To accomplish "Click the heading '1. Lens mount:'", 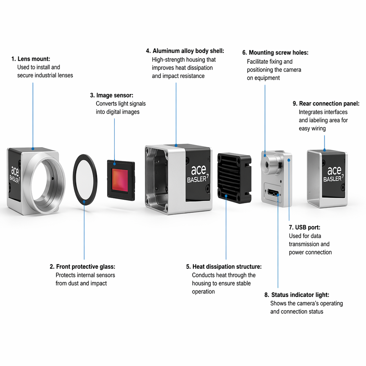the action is pos(31,59).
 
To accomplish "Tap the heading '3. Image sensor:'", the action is pos(112,95).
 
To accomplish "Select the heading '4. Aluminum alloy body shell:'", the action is pos(185,51).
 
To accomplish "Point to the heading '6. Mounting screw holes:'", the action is pos(275,53).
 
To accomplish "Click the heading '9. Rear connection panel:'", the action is pos(326,104).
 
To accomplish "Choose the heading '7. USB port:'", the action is pos(304,227).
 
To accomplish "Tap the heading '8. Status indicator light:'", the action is pos(297,295).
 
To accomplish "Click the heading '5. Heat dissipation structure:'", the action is pos(224,266).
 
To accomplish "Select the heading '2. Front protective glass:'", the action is pos(82,266).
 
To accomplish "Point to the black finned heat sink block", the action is pos(234,178).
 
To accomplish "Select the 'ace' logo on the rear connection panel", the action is pos(334,171).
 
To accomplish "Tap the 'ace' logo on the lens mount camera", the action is pos(15,172).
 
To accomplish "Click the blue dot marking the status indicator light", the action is pos(278,194).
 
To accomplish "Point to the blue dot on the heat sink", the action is pos(226,196).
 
